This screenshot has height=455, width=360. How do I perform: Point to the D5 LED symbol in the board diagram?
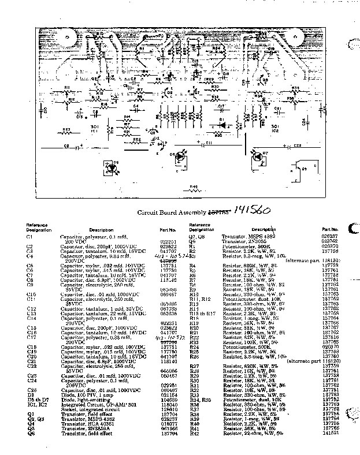tap(112, 168)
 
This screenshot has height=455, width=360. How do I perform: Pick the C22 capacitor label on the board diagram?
tap(297, 146)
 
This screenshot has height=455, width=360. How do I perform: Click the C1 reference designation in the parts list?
tap(29, 237)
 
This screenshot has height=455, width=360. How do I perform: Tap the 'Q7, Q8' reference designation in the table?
tap(196, 237)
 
